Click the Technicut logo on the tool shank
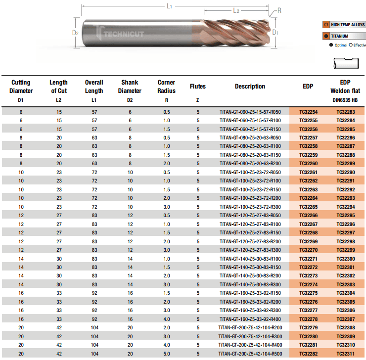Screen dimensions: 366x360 click(x=120, y=33)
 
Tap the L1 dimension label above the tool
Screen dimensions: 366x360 click(x=170, y=6)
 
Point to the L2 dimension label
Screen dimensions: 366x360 click(x=236, y=11)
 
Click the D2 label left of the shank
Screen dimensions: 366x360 click(x=75, y=33)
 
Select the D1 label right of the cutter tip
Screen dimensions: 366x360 click(x=275, y=32)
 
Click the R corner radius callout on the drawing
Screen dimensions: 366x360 click(x=279, y=10)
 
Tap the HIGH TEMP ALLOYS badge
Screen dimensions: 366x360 click(x=344, y=25)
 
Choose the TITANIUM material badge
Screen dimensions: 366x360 click(x=344, y=36)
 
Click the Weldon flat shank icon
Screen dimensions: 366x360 click(x=346, y=63)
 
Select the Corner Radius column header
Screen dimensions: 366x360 click(x=166, y=87)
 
